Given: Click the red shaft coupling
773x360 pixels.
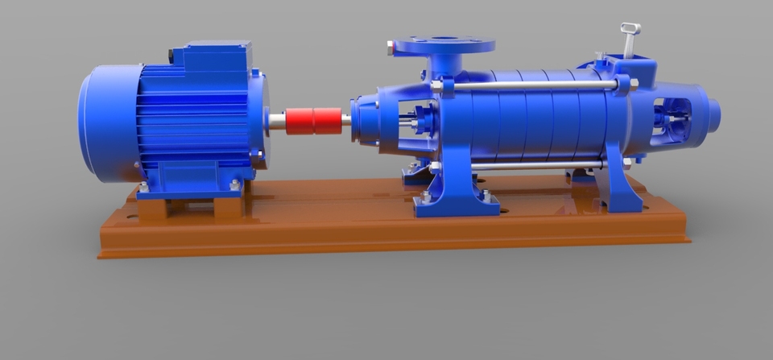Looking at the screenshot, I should point(313,121).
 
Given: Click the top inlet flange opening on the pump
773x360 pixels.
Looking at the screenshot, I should point(440,39).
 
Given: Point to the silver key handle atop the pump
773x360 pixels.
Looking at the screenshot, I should point(629,37).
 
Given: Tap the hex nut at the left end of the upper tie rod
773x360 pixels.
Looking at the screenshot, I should point(437,85).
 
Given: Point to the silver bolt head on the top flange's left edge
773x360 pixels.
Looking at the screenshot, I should point(391,49).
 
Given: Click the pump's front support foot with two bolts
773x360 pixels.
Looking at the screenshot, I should point(455,201).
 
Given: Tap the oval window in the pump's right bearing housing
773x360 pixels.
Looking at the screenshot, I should point(671,117).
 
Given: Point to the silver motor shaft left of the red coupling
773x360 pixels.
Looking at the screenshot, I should point(276,121).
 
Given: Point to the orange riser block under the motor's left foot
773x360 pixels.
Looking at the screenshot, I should point(152,208).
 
